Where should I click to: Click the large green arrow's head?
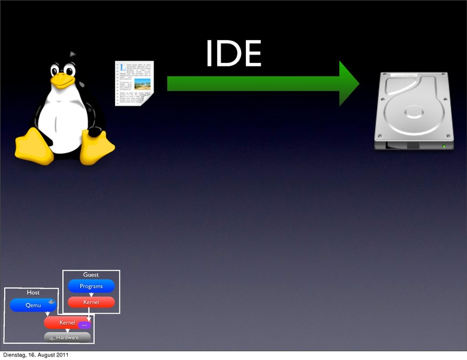pyautogui.click(x=348, y=83)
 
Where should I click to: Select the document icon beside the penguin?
pyautogui.click(x=134, y=83)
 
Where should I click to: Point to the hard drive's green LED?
pyautogui.click(x=444, y=146)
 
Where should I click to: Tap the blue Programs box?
pyautogui.click(x=91, y=286)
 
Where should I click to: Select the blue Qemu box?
pyautogui.click(x=32, y=305)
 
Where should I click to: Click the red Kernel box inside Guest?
pyautogui.click(x=91, y=302)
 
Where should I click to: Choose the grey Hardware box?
pyautogui.click(x=67, y=337)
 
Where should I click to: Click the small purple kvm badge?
pyautogui.click(x=85, y=325)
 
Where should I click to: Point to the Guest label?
pyautogui.click(x=91, y=275)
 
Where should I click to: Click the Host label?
pyautogui.click(x=33, y=292)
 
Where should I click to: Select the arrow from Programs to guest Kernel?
pyautogui.click(x=91, y=294)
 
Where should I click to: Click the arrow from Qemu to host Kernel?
pyautogui.click(x=47, y=314)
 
